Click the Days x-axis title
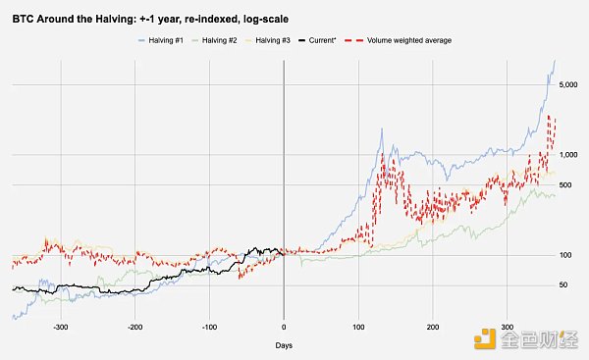tap(284, 345)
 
